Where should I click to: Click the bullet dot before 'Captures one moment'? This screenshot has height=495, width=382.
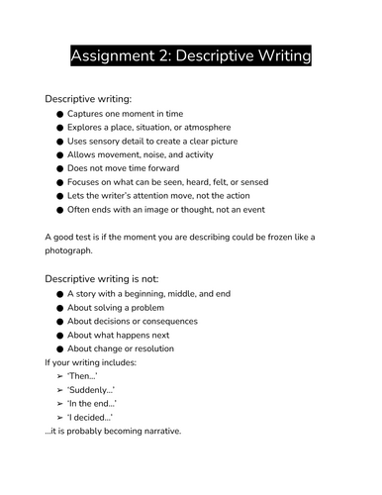coord(60,114)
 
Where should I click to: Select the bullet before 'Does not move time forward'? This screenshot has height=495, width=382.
coord(60,169)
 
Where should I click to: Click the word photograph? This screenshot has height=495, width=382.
coord(77,252)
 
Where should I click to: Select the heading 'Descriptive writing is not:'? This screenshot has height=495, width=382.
coord(102,280)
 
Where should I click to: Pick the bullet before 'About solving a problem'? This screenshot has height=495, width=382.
coord(60,308)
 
